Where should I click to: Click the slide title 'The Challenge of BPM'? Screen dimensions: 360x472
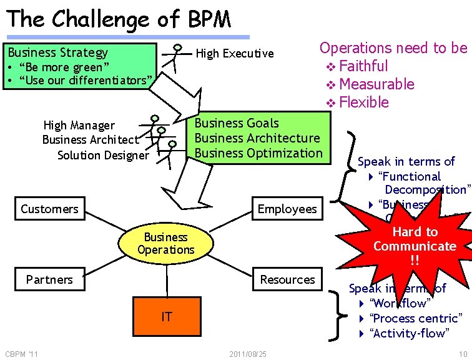[119, 19]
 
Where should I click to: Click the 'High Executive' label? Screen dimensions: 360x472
[235, 54]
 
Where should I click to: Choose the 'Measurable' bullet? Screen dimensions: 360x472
[376, 84]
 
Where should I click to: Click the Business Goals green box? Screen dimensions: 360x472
[258, 138]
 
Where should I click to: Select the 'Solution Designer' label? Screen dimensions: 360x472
[103, 155]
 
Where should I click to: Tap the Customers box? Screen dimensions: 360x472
[49, 209]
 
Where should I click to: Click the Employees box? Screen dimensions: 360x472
[287, 209]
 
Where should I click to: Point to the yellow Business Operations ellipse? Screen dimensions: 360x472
[166, 244]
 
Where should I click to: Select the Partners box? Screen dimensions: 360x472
[49, 279]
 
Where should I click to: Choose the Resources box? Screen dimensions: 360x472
[287, 279]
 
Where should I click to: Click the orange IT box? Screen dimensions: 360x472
[166, 316]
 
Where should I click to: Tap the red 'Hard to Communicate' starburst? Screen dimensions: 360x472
[415, 246]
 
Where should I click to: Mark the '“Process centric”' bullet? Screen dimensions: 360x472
[416, 318]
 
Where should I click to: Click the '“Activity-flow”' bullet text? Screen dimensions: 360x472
[409, 333]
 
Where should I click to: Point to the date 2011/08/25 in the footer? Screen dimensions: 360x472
[248, 355]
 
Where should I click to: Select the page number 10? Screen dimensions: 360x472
[462, 355]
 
